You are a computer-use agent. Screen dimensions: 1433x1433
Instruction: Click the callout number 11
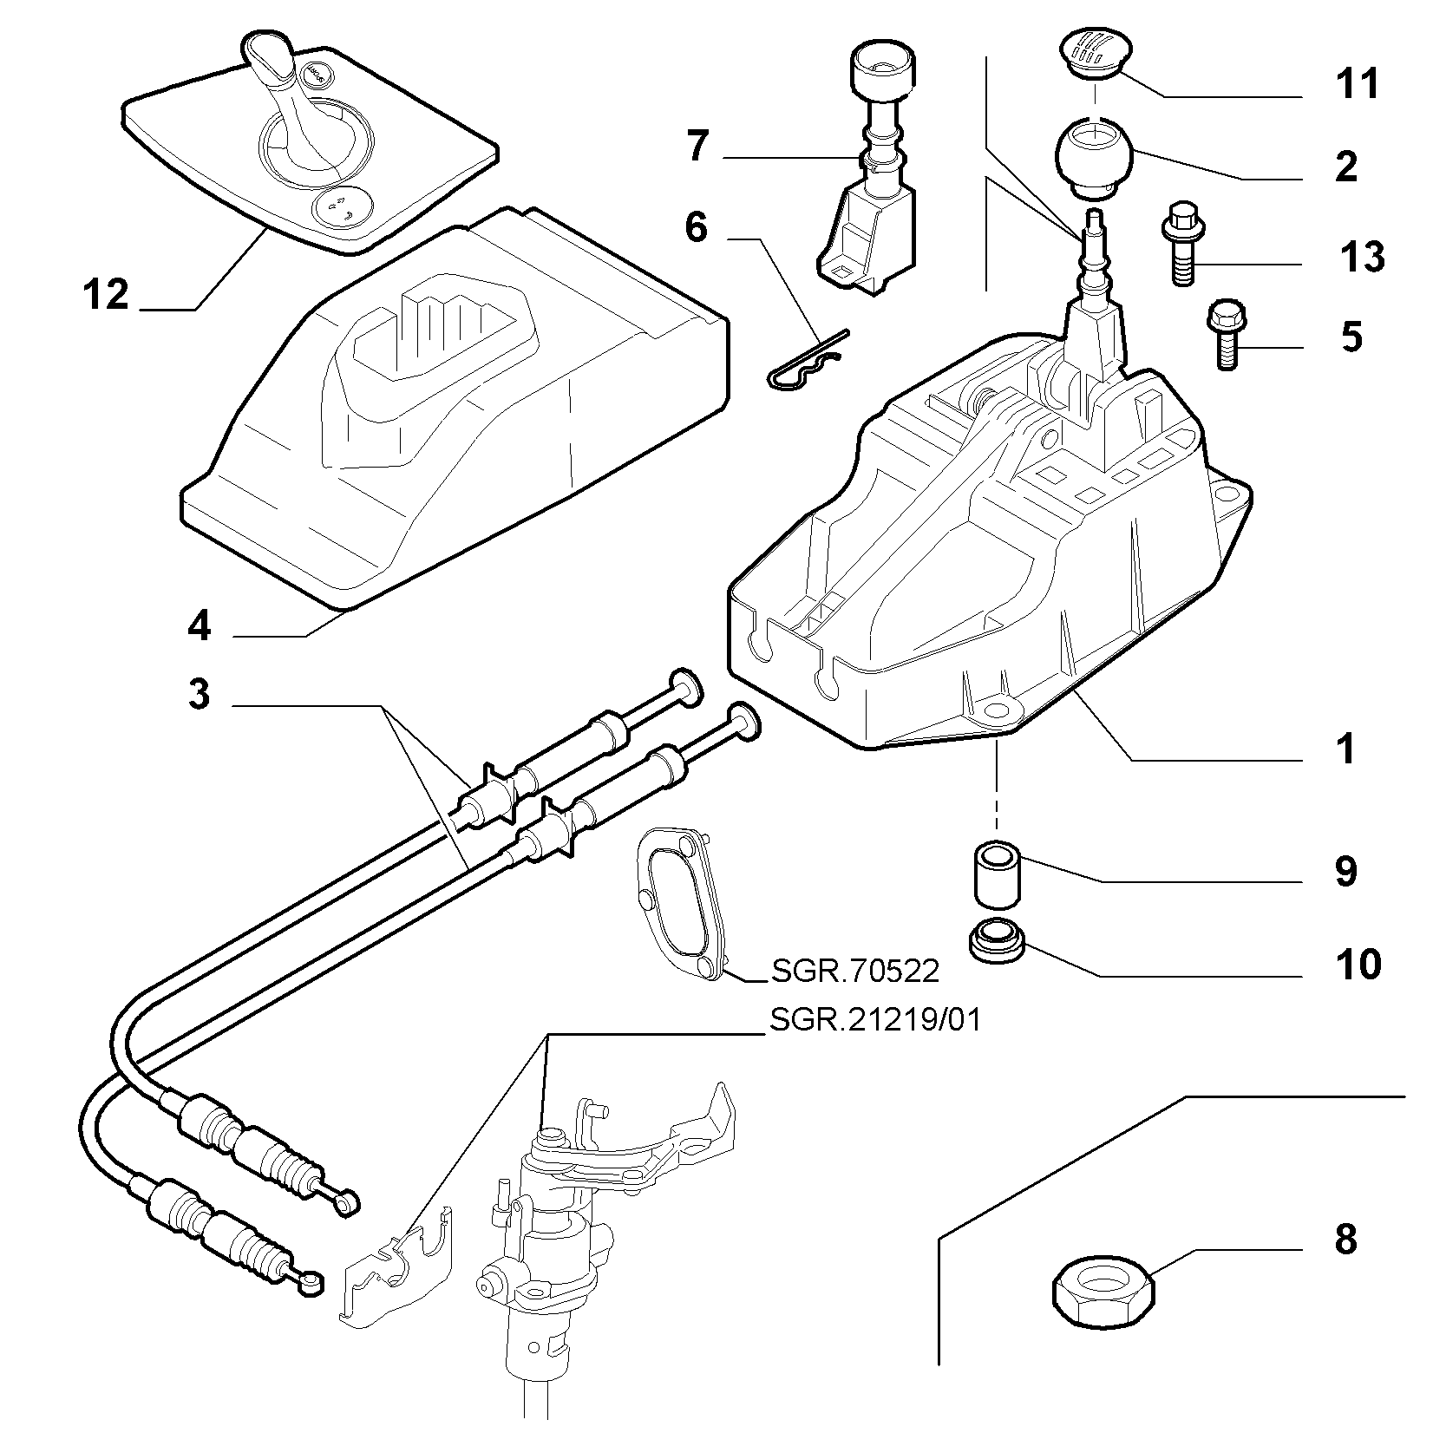[x=1358, y=85]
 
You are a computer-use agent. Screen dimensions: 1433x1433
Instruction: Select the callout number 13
[x=1361, y=257]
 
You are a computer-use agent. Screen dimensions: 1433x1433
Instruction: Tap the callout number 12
[x=107, y=295]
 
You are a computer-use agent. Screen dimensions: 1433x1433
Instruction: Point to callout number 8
[x=1345, y=1240]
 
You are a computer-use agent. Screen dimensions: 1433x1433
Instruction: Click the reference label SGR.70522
[x=854, y=972]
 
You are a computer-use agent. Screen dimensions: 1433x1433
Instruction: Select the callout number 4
[x=200, y=625]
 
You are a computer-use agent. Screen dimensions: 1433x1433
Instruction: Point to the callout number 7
[x=697, y=147]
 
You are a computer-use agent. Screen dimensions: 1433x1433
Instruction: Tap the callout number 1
[x=1345, y=749]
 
